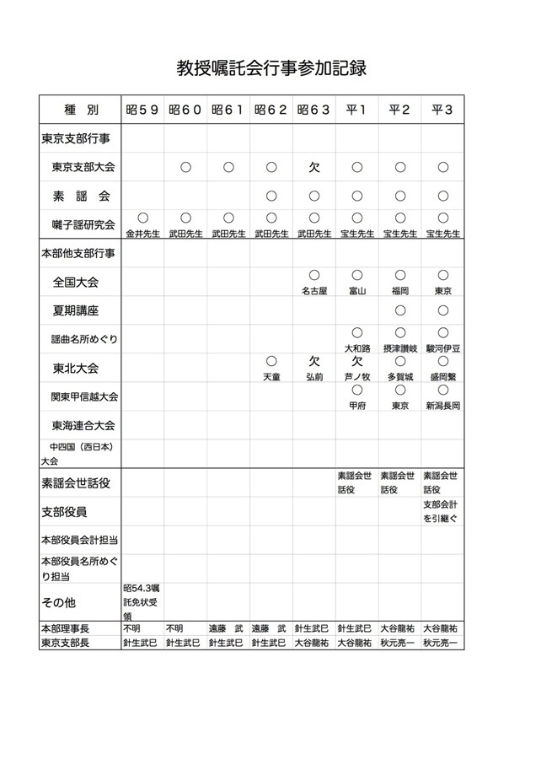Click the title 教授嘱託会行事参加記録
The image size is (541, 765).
[270, 67]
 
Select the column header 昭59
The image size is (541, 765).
[142, 110]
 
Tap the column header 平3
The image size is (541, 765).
[442, 110]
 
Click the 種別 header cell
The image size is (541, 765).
[81, 110]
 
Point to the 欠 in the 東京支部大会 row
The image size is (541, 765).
[313, 167]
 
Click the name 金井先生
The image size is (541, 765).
[142, 234]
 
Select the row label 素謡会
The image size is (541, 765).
[82, 196]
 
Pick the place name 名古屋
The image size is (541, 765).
[313, 291]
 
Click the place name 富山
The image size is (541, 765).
[356, 291]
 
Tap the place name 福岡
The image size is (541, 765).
[399, 291]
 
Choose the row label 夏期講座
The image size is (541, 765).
[75, 310]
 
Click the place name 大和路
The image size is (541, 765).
[356, 348]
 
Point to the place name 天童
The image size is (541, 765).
[270, 377]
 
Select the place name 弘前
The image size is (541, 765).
[313, 377]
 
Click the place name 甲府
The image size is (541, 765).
[356, 406]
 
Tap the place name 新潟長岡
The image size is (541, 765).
[442, 406]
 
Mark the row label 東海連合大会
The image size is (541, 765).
[83, 425]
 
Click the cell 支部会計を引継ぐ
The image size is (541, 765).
[442, 511]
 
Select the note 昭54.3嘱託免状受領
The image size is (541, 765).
[142, 602]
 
